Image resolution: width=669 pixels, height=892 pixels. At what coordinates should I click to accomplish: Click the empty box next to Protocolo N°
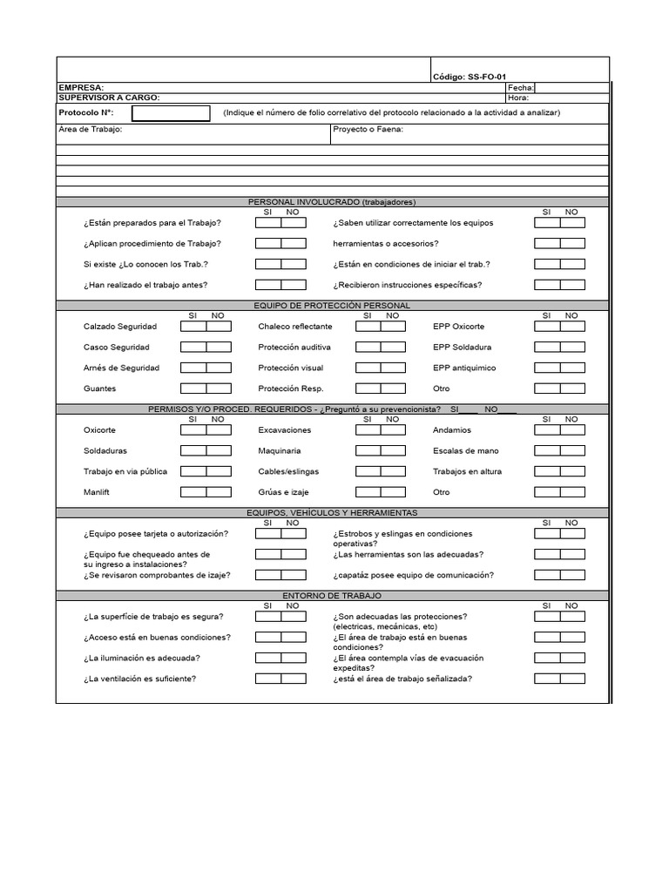pyautogui.click(x=171, y=113)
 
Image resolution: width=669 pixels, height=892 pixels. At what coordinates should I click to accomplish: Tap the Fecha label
pyautogui.click(x=519, y=88)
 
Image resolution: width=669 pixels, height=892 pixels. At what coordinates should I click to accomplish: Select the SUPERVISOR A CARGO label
pyautogui.click(x=109, y=98)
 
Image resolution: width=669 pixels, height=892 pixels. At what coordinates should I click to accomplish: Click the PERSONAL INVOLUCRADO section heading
pyautogui.click(x=333, y=202)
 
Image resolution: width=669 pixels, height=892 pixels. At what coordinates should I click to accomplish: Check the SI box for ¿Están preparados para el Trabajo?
pyautogui.click(x=268, y=223)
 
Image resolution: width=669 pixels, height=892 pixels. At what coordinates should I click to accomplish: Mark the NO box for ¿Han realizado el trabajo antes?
pyautogui.click(x=294, y=285)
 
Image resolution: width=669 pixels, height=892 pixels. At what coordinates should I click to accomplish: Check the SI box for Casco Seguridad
pyautogui.click(x=193, y=348)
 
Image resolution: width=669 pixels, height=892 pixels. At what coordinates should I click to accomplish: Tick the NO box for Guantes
pyautogui.click(x=219, y=389)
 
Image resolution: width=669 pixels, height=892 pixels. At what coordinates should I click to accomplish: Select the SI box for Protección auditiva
pyautogui.click(x=368, y=348)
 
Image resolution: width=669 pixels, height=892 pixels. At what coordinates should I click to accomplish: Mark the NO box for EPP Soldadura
pyautogui.click(x=572, y=348)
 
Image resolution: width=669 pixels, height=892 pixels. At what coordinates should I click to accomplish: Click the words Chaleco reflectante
pyautogui.click(x=294, y=327)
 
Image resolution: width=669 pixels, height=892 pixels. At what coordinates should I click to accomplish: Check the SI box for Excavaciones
pyautogui.click(x=368, y=430)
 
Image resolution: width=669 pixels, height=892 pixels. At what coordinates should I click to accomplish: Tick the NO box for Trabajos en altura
pyautogui.click(x=572, y=471)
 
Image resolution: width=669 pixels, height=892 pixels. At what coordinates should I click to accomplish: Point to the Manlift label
pyautogui.click(x=98, y=492)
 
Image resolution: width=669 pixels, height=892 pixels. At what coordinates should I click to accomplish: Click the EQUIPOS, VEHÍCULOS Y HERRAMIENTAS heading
pyautogui.click(x=333, y=513)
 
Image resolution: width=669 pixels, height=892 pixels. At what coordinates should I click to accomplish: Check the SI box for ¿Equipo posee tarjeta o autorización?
pyautogui.click(x=268, y=534)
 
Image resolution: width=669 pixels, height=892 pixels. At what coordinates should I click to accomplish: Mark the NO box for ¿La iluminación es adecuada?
pyautogui.click(x=294, y=658)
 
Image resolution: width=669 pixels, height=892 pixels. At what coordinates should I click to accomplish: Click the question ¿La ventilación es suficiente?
pyautogui.click(x=139, y=679)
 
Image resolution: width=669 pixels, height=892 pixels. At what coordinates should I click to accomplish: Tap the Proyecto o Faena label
pyautogui.click(x=368, y=130)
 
